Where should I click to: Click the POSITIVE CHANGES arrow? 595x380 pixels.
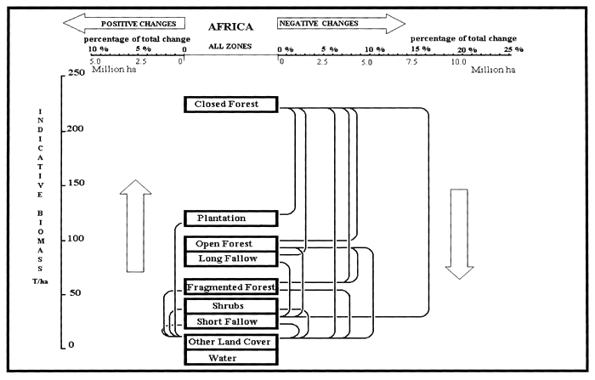(x=127, y=23)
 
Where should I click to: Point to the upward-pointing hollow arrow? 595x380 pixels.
(x=135, y=226)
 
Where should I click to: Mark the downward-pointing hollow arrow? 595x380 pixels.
(x=460, y=233)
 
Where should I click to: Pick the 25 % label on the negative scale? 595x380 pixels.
(x=513, y=50)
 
